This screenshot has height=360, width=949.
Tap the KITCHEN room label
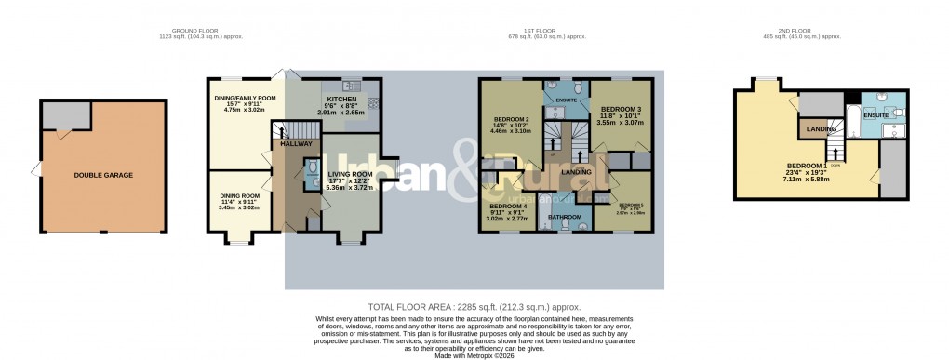pos(340,98)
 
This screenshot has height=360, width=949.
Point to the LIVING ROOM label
pos(349,174)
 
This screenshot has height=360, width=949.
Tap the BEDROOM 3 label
pos(620,109)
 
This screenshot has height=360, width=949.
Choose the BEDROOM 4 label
pos(509,206)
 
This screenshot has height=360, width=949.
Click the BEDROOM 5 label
pos(632,205)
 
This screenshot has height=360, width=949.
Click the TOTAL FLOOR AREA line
pos(474,306)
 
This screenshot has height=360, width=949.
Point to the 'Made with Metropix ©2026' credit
pos(474,353)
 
